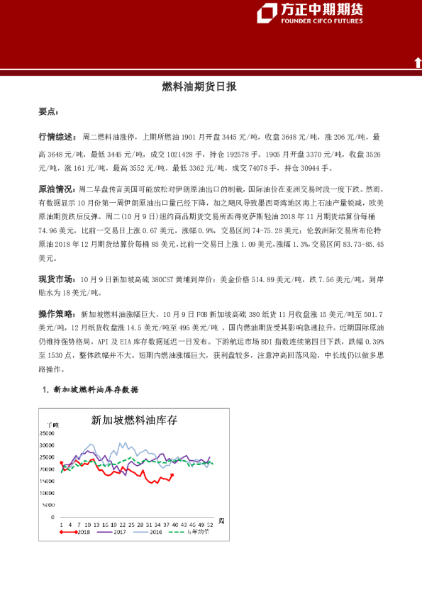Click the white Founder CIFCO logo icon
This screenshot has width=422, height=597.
tap(267, 13)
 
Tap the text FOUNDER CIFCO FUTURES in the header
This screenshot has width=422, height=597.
tap(322, 21)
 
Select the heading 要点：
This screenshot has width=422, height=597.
tap(49, 111)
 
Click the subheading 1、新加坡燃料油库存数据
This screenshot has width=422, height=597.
tap(90, 390)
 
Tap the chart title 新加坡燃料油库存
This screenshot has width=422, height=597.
tap(134, 420)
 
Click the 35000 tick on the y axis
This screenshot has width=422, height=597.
tap(48, 433)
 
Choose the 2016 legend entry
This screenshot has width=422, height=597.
tap(155, 531)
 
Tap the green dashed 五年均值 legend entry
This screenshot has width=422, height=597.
tap(195, 531)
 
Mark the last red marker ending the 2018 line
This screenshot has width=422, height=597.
tap(172, 475)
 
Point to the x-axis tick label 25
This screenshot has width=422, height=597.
tap(132, 524)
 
